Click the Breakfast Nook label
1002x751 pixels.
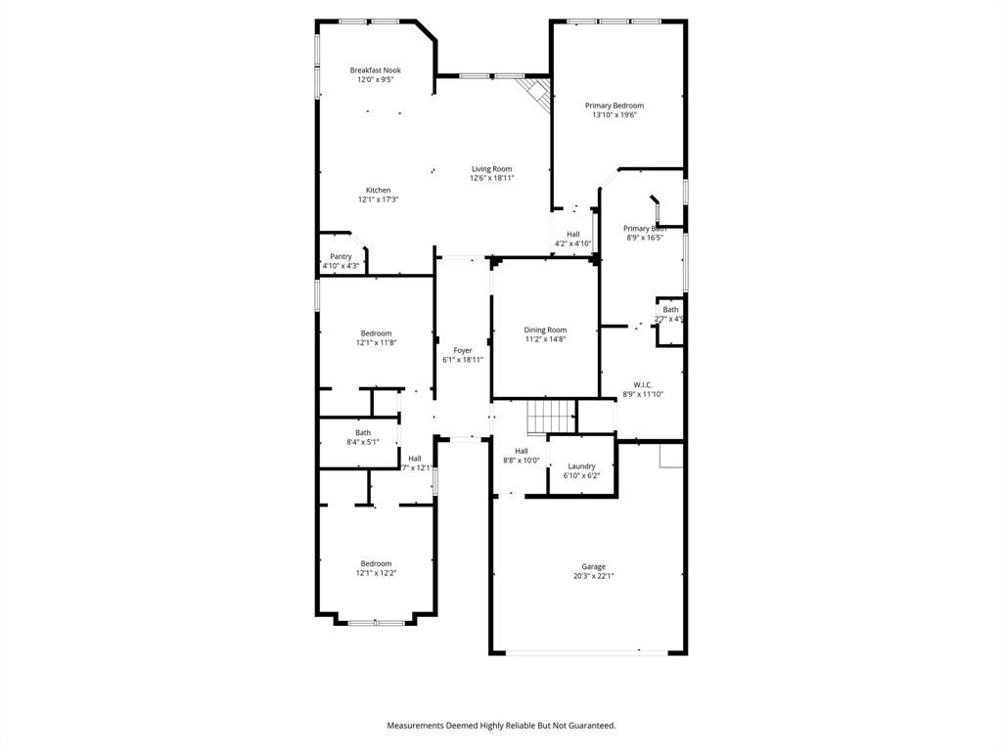point(376,70)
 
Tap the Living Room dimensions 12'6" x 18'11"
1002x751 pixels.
point(491,179)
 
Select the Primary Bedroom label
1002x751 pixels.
point(615,105)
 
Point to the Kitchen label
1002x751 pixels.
point(379,190)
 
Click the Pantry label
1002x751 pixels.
point(341,256)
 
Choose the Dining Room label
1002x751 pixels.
point(545,330)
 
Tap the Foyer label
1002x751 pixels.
point(463,350)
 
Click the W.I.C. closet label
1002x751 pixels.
point(643,384)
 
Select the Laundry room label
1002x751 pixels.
point(581,466)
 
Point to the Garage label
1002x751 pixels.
point(594,566)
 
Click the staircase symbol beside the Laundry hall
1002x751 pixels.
point(551,417)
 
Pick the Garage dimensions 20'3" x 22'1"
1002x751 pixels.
point(594,576)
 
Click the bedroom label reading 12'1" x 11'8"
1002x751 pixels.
point(376,343)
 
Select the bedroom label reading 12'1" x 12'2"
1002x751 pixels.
point(376,573)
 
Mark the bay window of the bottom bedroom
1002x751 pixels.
point(376,621)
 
